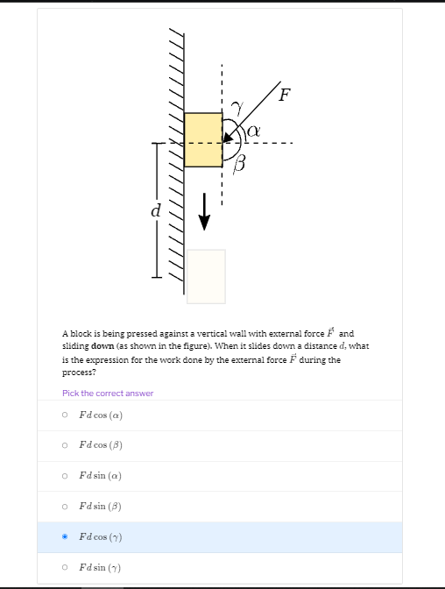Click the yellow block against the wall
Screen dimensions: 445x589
(203, 139)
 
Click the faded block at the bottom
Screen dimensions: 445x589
(206, 276)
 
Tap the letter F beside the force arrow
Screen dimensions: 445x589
(285, 95)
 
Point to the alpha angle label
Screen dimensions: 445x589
(253, 131)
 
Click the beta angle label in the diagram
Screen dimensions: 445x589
(239, 165)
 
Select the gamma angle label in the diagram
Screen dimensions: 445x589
(237, 108)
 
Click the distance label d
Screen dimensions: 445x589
(156, 210)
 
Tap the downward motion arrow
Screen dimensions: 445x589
(204, 211)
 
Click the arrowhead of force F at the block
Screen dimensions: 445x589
(228, 138)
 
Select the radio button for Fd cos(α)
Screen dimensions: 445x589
(65, 415)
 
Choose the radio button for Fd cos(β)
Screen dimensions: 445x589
(65, 445)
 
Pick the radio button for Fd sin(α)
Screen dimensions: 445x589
(65, 476)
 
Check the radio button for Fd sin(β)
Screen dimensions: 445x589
(65, 507)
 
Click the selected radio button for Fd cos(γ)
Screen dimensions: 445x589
(65, 536)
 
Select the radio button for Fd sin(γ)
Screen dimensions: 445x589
(65, 567)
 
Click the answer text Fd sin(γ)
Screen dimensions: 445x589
(100, 568)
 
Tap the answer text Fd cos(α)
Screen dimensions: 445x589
(101, 415)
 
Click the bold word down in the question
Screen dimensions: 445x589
(102, 346)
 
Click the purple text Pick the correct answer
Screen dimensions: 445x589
(108, 394)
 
